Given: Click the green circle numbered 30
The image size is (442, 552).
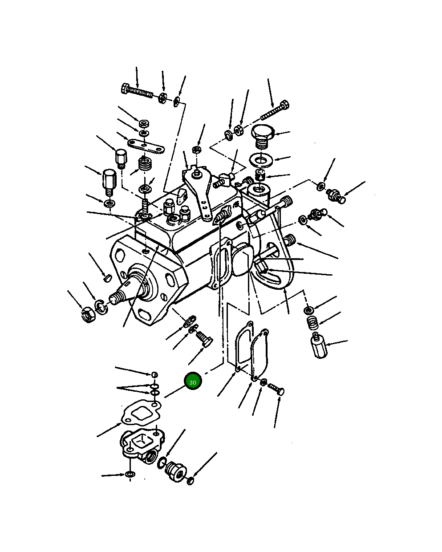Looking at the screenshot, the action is click(193, 381).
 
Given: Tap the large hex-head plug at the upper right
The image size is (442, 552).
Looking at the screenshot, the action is click(262, 136).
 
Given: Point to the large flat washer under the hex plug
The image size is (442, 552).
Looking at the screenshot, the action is click(261, 160).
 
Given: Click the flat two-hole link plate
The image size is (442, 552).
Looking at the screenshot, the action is click(146, 146).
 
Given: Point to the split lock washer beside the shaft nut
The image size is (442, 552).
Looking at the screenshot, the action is click(101, 307).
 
